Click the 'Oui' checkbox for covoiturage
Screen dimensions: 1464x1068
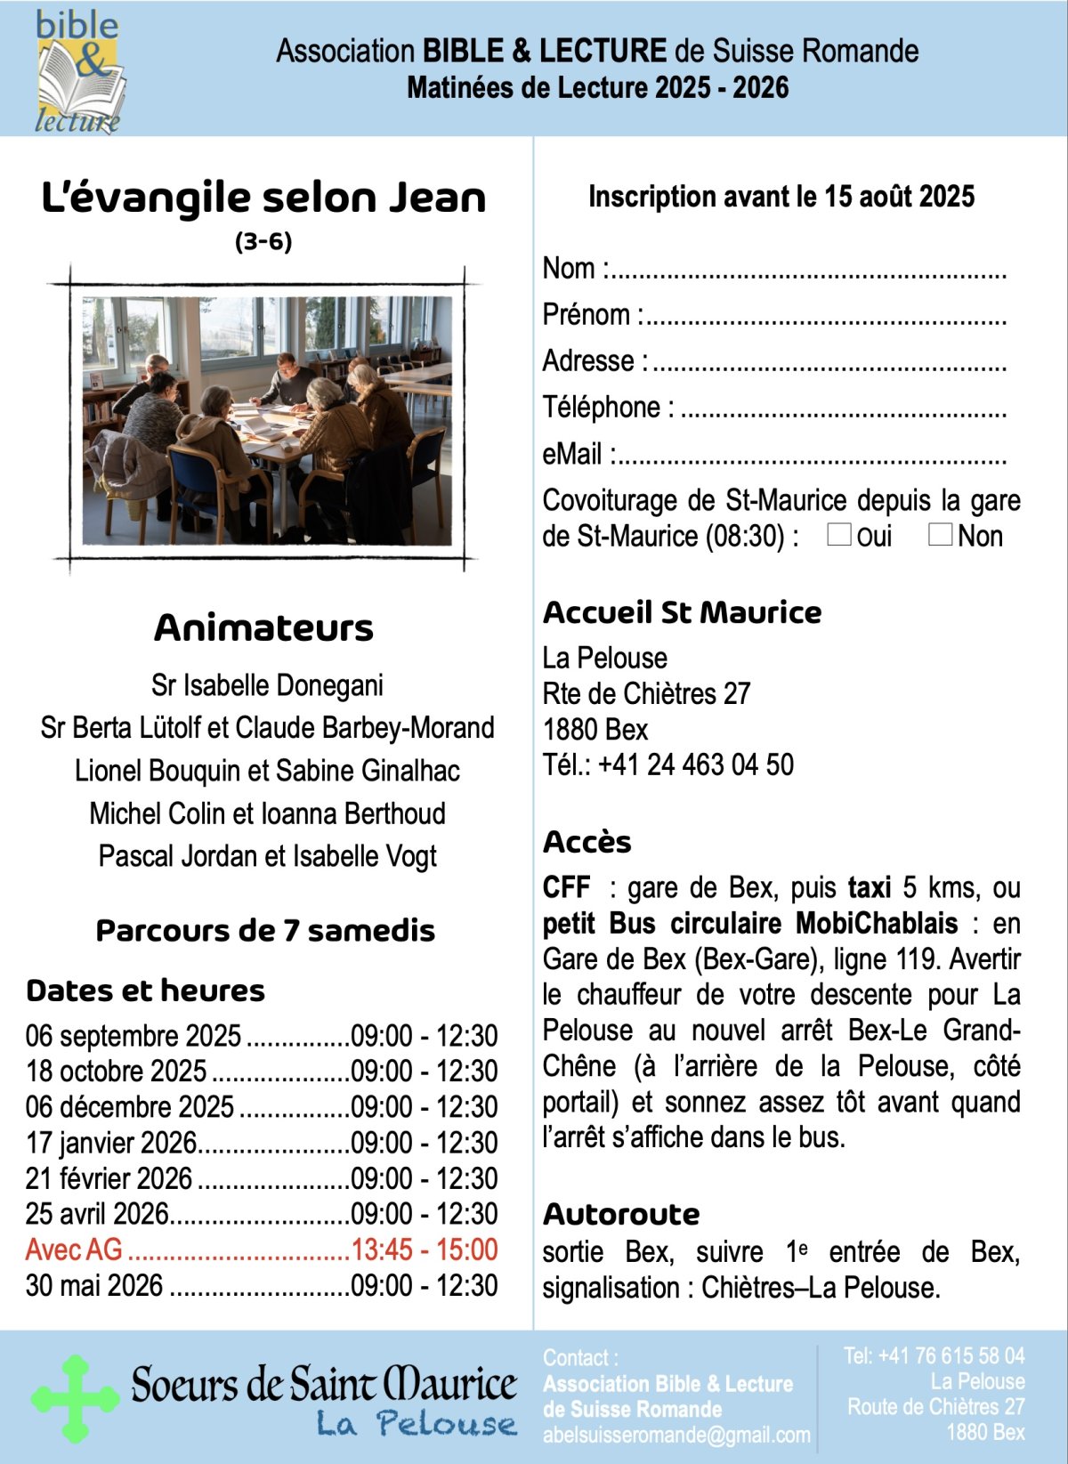point(839,534)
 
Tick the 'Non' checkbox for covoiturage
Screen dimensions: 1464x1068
point(940,534)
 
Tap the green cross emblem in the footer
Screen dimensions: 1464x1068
point(76,1398)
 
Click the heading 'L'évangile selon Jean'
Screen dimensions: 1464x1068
point(263,198)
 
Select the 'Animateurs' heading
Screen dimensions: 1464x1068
point(263,628)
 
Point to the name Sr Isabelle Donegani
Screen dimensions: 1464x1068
point(267,685)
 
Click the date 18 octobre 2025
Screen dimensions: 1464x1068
point(116,1071)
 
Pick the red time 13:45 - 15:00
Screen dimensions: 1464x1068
point(425,1250)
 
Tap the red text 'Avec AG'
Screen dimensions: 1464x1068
point(74,1250)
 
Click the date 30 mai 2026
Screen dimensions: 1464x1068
point(94,1285)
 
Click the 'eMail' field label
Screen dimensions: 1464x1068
point(572,454)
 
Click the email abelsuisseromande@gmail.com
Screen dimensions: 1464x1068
point(676,1435)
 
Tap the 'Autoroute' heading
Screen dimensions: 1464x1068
point(621,1214)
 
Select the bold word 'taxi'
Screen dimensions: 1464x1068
point(870,887)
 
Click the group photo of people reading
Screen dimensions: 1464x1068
point(267,420)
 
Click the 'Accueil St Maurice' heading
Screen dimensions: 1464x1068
point(682,612)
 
